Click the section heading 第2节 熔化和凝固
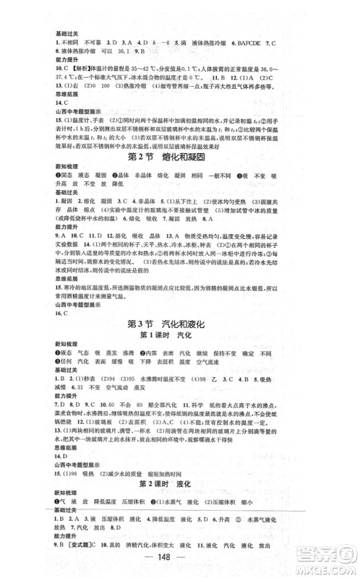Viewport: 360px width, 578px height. (179, 158)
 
